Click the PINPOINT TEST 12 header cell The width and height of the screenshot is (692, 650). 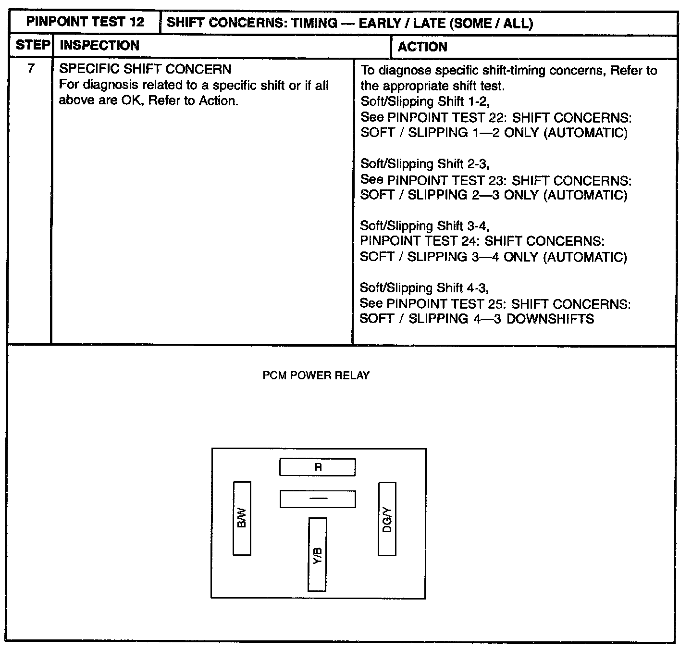coord(85,22)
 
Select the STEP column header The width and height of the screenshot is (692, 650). coord(32,46)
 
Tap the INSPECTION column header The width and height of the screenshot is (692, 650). coord(99,46)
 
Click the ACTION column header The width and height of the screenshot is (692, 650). coord(422,47)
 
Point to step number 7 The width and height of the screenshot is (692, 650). coord(31,69)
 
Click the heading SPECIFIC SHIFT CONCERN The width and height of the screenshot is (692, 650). coord(145,69)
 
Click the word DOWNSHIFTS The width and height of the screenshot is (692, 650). coord(550,319)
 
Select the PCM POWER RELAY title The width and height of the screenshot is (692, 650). coord(316,375)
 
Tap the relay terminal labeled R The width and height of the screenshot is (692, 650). coord(318,467)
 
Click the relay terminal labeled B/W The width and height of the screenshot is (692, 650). coord(242,518)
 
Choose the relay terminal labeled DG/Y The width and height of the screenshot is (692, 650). coord(387,519)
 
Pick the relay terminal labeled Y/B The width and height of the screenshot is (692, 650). coord(317,554)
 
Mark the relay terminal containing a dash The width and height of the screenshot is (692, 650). coord(318,499)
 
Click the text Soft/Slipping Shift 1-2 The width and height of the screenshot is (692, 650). coord(425,101)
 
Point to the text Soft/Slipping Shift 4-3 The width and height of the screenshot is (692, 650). coord(424,288)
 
